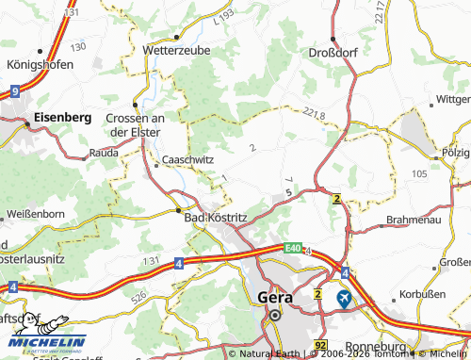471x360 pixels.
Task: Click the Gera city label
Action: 274,297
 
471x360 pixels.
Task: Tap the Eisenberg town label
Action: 61,117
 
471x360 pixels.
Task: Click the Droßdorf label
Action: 333,53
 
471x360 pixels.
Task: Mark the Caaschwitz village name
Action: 188,160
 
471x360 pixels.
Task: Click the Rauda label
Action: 103,152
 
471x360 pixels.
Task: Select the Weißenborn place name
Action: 34,215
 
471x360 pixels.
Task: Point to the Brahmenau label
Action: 414,222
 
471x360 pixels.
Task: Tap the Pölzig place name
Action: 455,152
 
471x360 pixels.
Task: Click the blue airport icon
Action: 346,298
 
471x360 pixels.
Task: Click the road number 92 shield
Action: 323,346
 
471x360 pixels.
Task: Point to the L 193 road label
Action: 223,17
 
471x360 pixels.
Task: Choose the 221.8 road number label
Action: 316,114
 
